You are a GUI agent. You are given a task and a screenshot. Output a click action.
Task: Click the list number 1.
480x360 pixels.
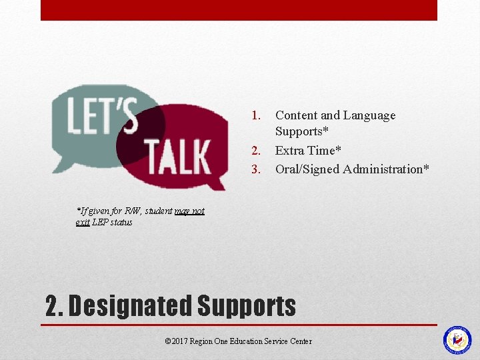[x=255, y=115]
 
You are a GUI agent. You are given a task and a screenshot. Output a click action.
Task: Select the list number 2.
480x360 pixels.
[x=255, y=151]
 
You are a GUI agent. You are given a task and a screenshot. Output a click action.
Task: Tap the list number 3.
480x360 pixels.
[x=255, y=169]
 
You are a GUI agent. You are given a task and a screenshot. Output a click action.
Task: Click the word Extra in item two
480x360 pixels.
[x=290, y=151]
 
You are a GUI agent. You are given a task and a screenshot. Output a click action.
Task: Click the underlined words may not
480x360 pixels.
[x=189, y=211]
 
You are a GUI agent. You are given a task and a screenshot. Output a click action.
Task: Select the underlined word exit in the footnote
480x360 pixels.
[x=83, y=222]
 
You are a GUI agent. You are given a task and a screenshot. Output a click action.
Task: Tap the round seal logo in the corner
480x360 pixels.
[x=457, y=340]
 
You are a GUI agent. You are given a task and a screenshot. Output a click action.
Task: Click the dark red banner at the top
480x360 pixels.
[x=239, y=10]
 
